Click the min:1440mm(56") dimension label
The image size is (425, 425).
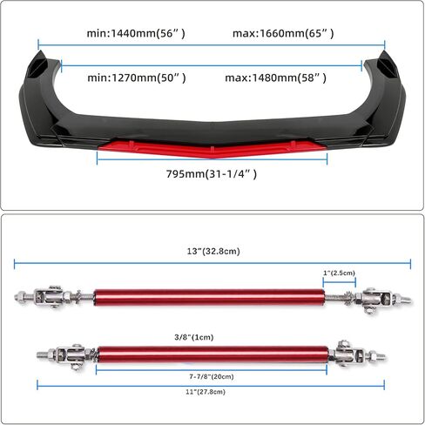coord(136,33)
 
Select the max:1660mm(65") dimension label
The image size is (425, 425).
coord(283,33)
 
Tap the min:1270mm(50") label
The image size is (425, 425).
coord(137,78)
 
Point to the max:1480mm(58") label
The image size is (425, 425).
coord(276,78)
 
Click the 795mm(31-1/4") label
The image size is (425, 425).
coord(212,174)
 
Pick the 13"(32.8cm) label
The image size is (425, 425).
coord(213,251)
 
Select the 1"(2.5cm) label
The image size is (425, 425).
coord(339,273)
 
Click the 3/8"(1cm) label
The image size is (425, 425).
coord(194,337)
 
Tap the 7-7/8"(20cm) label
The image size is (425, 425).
coord(212,376)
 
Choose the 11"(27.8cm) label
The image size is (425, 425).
coord(206,392)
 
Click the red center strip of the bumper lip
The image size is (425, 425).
coord(212,149)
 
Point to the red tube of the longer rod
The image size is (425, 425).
coord(209,298)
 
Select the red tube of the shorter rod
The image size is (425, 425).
coord(213,354)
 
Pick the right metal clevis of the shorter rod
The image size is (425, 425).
coord(350,353)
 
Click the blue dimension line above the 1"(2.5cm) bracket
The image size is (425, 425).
coord(339,282)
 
